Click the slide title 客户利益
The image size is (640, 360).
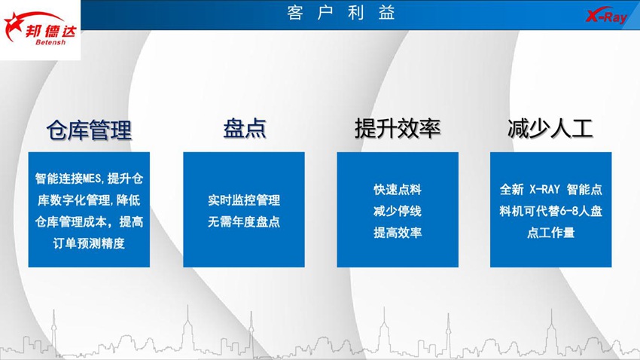[341, 13]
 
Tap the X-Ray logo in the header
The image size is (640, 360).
[607, 16]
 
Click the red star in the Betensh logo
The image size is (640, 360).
[13, 26]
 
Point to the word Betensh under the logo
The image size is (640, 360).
[50, 42]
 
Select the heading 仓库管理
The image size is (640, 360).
[89, 130]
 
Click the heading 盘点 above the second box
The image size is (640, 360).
[245, 129]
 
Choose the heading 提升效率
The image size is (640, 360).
[398, 129]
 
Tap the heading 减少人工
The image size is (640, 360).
[550, 129]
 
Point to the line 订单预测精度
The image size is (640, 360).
[89, 244]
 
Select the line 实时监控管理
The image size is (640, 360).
[244, 200]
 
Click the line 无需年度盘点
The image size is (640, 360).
[244, 221]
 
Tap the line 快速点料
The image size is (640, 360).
[398, 189]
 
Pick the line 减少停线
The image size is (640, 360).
[398, 211]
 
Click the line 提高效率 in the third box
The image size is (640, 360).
[398, 233]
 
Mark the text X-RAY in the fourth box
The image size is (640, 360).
[544, 189]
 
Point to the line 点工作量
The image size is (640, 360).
[550, 233]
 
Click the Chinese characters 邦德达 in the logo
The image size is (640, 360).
[50, 31]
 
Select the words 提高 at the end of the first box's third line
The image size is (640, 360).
[131, 221]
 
